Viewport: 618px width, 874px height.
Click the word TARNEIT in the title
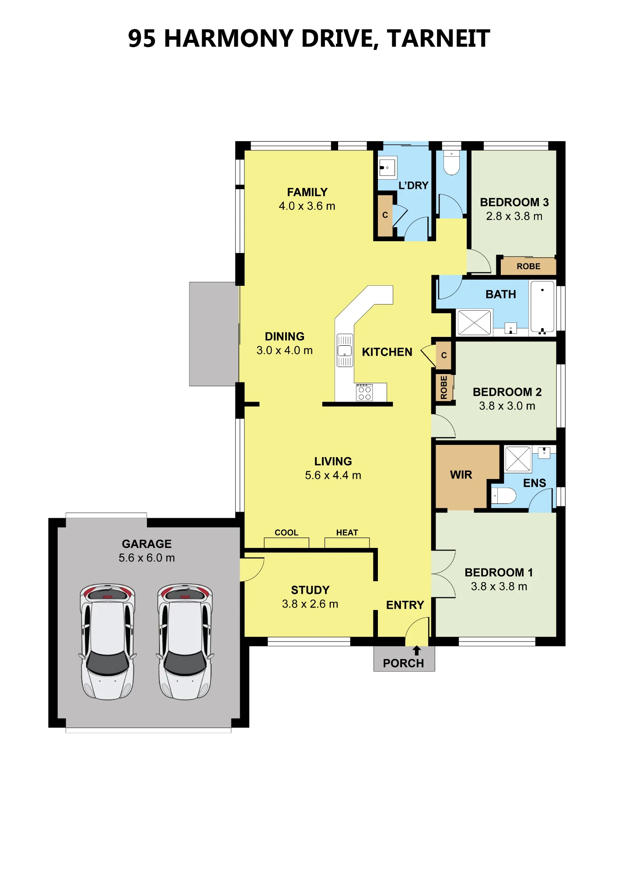[x=438, y=38]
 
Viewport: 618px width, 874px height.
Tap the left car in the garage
[x=108, y=642]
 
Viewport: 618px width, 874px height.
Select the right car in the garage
[x=185, y=642]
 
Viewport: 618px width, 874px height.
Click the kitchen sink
[x=345, y=350]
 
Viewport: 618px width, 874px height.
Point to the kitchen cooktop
[x=364, y=392]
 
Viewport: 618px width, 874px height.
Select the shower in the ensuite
[x=518, y=459]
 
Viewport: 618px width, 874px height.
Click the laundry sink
[x=388, y=167]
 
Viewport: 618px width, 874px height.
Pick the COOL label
[x=286, y=533]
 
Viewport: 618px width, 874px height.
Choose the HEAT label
[x=347, y=533]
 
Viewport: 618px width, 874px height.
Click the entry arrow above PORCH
[x=417, y=651]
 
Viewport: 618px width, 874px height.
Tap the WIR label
[x=461, y=475]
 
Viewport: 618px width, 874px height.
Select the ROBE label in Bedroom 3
[x=528, y=266]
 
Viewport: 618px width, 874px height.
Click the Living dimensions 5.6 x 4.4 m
[x=333, y=475]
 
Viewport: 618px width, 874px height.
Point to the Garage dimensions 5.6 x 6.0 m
[x=147, y=558]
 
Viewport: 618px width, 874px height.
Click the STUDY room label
[x=310, y=590]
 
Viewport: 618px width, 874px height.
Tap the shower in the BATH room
[x=474, y=323]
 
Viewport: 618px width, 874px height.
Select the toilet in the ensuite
[x=504, y=496]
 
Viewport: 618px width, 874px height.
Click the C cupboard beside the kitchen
[x=444, y=355]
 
